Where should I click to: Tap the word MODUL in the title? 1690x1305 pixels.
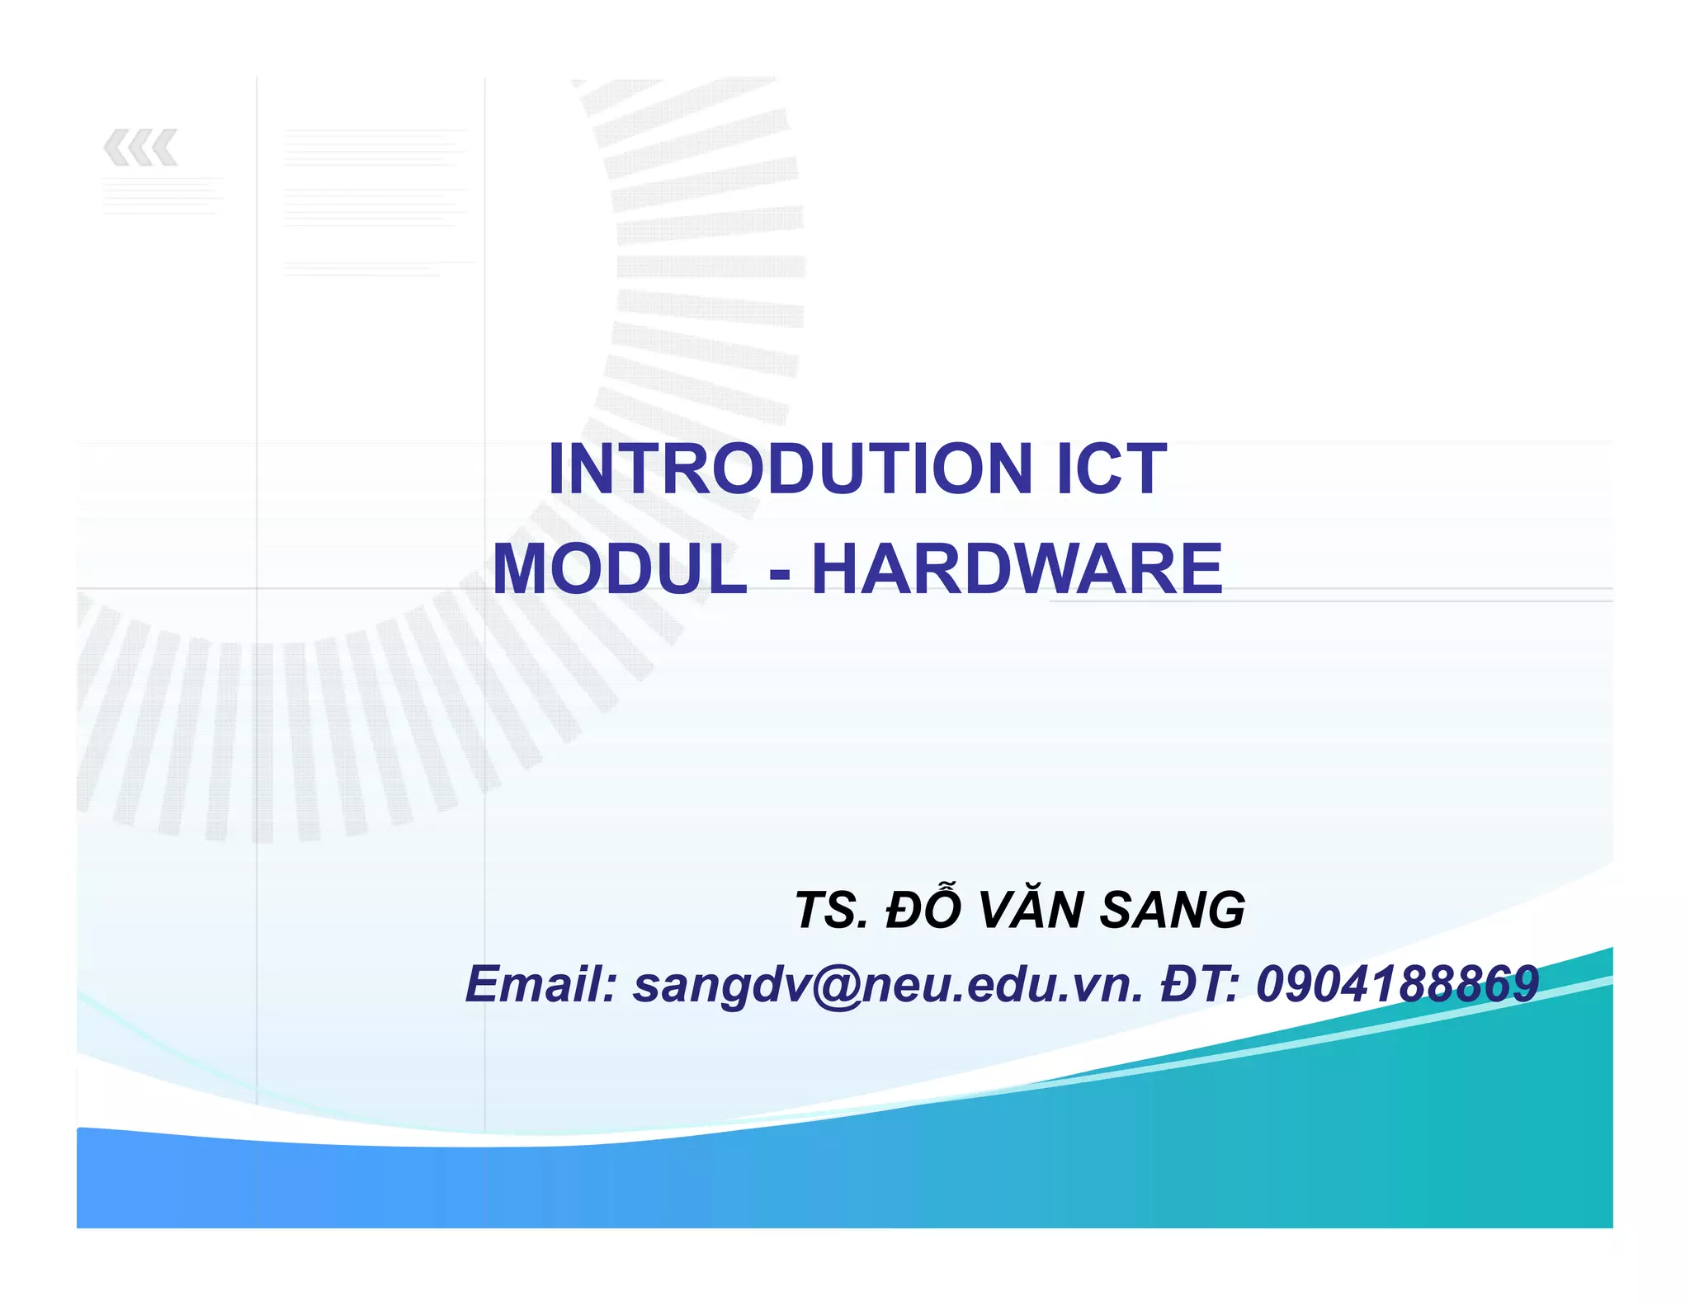[620, 569]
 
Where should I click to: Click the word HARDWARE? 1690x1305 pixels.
[1017, 569]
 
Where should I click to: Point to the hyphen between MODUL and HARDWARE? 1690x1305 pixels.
[779, 573]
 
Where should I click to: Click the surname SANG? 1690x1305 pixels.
[1172, 911]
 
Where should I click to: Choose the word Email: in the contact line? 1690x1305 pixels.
[541, 984]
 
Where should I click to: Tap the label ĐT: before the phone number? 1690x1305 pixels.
[1200, 984]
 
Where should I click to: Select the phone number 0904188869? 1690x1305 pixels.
[1397, 984]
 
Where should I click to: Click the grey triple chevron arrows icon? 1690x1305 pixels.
[140, 148]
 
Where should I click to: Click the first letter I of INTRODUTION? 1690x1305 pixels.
[557, 469]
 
